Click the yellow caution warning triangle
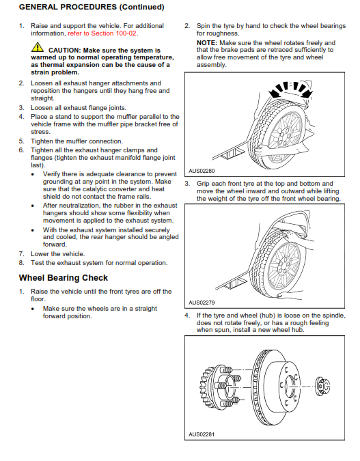click(38, 47)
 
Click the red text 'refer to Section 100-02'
click(102, 33)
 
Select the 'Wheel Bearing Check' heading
click(64, 278)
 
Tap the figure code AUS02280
click(202, 171)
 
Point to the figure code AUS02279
click(202, 303)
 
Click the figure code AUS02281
click(202, 434)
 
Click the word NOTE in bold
click(207, 43)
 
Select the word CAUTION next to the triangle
click(64, 51)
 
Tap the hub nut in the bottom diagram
click(322, 386)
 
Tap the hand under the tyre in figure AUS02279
click(290, 295)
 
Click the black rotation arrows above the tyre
click(290, 89)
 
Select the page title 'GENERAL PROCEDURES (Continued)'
click(92, 7)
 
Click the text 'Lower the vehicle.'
click(57, 254)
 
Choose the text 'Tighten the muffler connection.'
click(77, 141)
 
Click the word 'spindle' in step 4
click(334, 316)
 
